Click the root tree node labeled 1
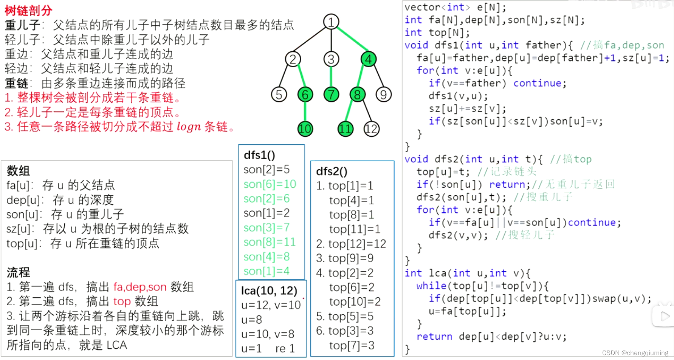coord(331,22)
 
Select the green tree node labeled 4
coord(369,59)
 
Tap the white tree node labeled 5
coord(279,94)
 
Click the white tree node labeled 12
coord(371,129)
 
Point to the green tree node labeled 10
coord(305,129)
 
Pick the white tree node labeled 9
coord(383,94)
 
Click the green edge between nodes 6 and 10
coord(305,112)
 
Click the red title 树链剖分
coord(28,10)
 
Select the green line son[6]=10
coord(270,184)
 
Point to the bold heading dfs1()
coord(259,155)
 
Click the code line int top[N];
coord(437,32)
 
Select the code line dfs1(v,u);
coord(458,96)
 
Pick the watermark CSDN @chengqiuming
coord(635,353)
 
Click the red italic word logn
coord(189,127)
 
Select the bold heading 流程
coord(18,272)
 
